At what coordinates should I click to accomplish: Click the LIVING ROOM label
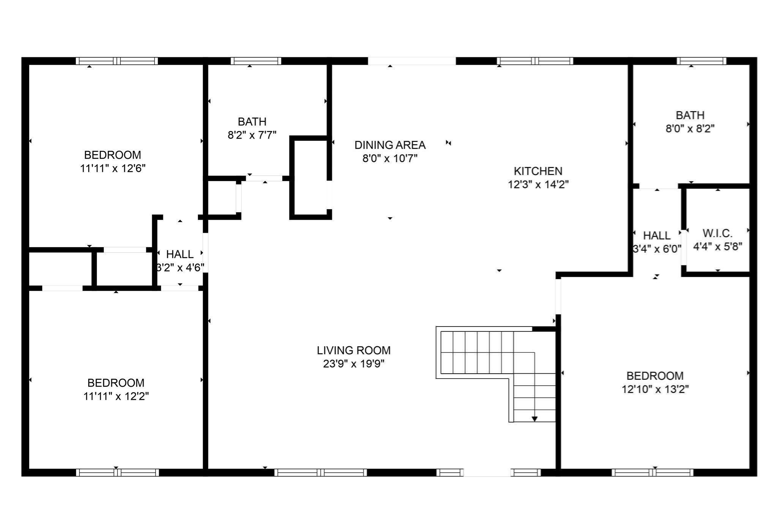[354, 350]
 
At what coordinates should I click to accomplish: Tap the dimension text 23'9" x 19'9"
[354, 364]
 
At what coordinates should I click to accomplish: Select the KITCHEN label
[538, 171]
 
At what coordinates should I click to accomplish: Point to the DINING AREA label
[390, 145]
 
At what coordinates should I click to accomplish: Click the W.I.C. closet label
[717, 233]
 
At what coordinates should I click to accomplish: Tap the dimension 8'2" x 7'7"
[252, 135]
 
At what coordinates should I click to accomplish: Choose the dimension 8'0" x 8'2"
[690, 129]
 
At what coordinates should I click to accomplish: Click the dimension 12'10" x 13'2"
[655, 389]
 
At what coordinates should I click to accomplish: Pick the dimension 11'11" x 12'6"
[113, 168]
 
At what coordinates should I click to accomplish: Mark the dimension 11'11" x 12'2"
[116, 396]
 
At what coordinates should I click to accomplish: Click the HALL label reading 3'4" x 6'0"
[657, 236]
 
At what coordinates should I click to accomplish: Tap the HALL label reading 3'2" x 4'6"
[180, 254]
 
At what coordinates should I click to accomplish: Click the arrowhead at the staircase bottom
[534, 419]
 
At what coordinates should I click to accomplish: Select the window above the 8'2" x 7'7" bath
[256, 61]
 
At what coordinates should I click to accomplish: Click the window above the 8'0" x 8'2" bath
[701, 61]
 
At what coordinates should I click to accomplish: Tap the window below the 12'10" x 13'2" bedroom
[652, 472]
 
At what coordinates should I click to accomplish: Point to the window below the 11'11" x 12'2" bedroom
[117, 472]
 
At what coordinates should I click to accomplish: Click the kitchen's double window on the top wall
[535, 61]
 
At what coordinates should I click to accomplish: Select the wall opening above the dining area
[411, 61]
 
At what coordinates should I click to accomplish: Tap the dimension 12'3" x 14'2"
[538, 185]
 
